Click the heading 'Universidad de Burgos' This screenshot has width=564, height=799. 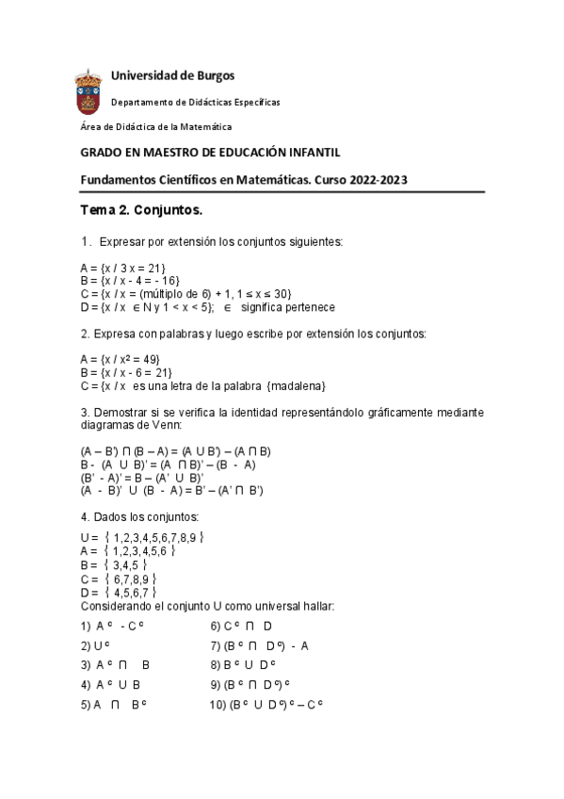(172, 75)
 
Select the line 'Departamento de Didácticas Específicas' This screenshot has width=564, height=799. (195, 102)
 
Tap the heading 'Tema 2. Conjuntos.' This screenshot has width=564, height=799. (140, 208)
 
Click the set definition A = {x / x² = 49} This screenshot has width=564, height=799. (121, 359)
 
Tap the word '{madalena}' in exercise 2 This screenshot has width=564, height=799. (296, 385)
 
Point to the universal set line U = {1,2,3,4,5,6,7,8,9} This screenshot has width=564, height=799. (142, 537)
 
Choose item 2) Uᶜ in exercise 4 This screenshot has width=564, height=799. (97, 645)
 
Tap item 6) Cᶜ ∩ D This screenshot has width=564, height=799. (242, 626)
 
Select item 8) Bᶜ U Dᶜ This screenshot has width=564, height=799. (244, 664)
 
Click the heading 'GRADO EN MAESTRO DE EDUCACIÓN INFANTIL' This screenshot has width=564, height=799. (210, 152)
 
